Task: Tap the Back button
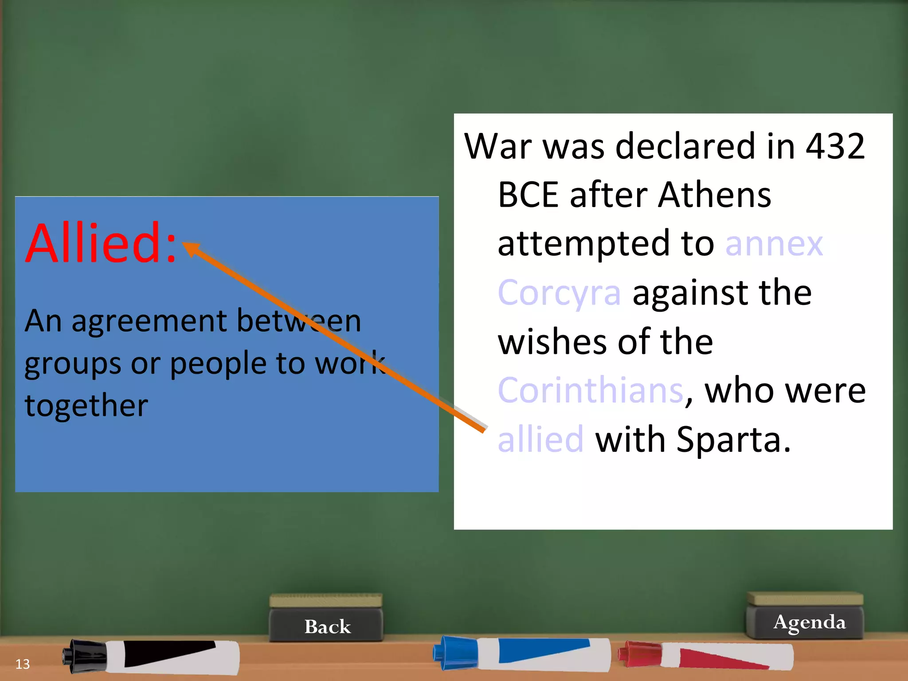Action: pyautogui.click(x=327, y=626)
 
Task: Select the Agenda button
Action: pyautogui.click(x=809, y=622)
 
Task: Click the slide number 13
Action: pyautogui.click(x=23, y=664)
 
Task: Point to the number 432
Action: pyautogui.click(x=835, y=146)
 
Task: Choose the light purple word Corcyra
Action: pyautogui.click(x=559, y=293)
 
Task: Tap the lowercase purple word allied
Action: pyautogui.click(x=540, y=439)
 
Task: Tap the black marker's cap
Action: pyautogui.click(x=84, y=655)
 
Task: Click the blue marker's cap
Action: pyautogui.click(x=454, y=652)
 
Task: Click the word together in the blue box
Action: pyautogui.click(x=86, y=405)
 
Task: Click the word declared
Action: pyautogui.click(x=685, y=146)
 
